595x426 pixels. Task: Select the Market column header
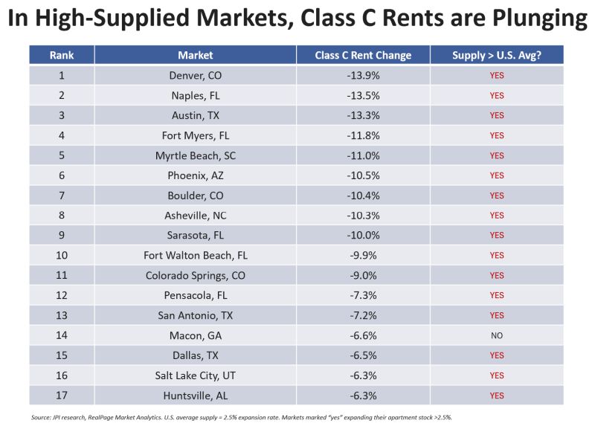pyautogui.click(x=196, y=55)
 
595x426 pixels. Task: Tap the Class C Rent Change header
pyautogui.click(x=363, y=55)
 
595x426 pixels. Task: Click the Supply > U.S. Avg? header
pyautogui.click(x=496, y=55)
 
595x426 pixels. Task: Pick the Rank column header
pyautogui.click(x=62, y=55)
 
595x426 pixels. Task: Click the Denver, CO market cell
pyautogui.click(x=196, y=75)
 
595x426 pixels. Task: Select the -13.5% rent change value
pyautogui.click(x=363, y=95)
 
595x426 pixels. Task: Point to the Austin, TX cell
pyautogui.click(x=196, y=115)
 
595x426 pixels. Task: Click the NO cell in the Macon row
pyautogui.click(x=496, y=335)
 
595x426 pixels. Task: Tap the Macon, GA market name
pyautogui.click(x=196, y=335)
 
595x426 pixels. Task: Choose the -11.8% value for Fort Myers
pyautogui.click(x=363, y=135)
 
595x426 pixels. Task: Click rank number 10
pyautogui.click(x=62, y=255)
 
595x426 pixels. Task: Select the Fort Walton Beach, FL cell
pyautogui.click(x=196, y=255)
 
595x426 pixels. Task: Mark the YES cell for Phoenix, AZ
pyautogui.click(x=496, y=175)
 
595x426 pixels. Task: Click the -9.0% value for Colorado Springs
pyautogui.click(x=363, y=275)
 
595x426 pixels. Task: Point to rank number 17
pyautogui.click(x=62, y=395)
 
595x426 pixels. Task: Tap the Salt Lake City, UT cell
pyautogui.click(x=196, y=375)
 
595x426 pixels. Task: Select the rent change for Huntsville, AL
pyautogui.click(x=363, y=395)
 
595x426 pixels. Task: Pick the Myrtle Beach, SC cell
pyautogui.click(x=196, y=155)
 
